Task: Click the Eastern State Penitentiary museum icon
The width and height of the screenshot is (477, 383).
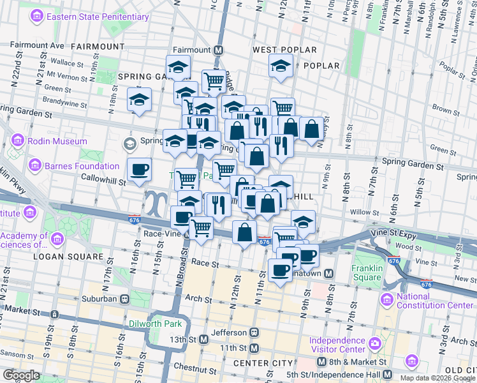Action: (38, 15)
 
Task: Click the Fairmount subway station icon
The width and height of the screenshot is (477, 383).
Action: (218, 50)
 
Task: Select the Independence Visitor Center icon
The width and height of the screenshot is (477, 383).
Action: (376, 345)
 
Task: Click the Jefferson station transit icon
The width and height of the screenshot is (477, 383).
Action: (254, 333)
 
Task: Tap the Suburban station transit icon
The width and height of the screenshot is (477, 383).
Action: (124, 298)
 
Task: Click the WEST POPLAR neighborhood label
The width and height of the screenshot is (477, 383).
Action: (284, 49)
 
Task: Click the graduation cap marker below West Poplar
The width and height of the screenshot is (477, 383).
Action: (281, 66)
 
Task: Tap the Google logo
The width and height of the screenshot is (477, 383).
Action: (21, 375)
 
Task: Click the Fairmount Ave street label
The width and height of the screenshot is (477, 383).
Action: (38, 45)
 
